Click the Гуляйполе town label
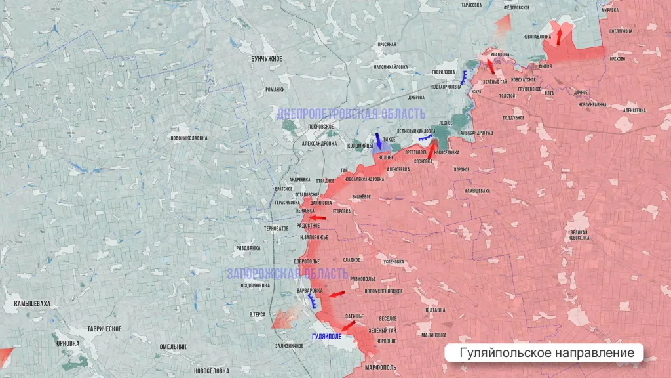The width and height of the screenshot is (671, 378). point(326,337)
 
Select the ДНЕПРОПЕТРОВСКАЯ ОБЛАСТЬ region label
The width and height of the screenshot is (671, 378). point(351,114)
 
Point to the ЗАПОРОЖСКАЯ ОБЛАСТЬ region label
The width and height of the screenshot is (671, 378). point(288,274)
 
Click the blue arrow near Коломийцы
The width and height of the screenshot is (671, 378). point(379,142)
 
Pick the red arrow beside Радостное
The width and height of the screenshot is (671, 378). point(318,218)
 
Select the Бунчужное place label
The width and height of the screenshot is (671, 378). point(267,59)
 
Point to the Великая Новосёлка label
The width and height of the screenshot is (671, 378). point(579,235)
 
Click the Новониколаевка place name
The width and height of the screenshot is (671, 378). point(189,138)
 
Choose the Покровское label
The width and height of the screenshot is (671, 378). point(307,125)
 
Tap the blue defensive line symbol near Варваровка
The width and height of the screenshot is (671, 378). point(313,301)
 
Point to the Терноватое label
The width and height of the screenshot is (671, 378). point(275,228)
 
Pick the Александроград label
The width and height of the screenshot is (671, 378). point(476,132)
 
